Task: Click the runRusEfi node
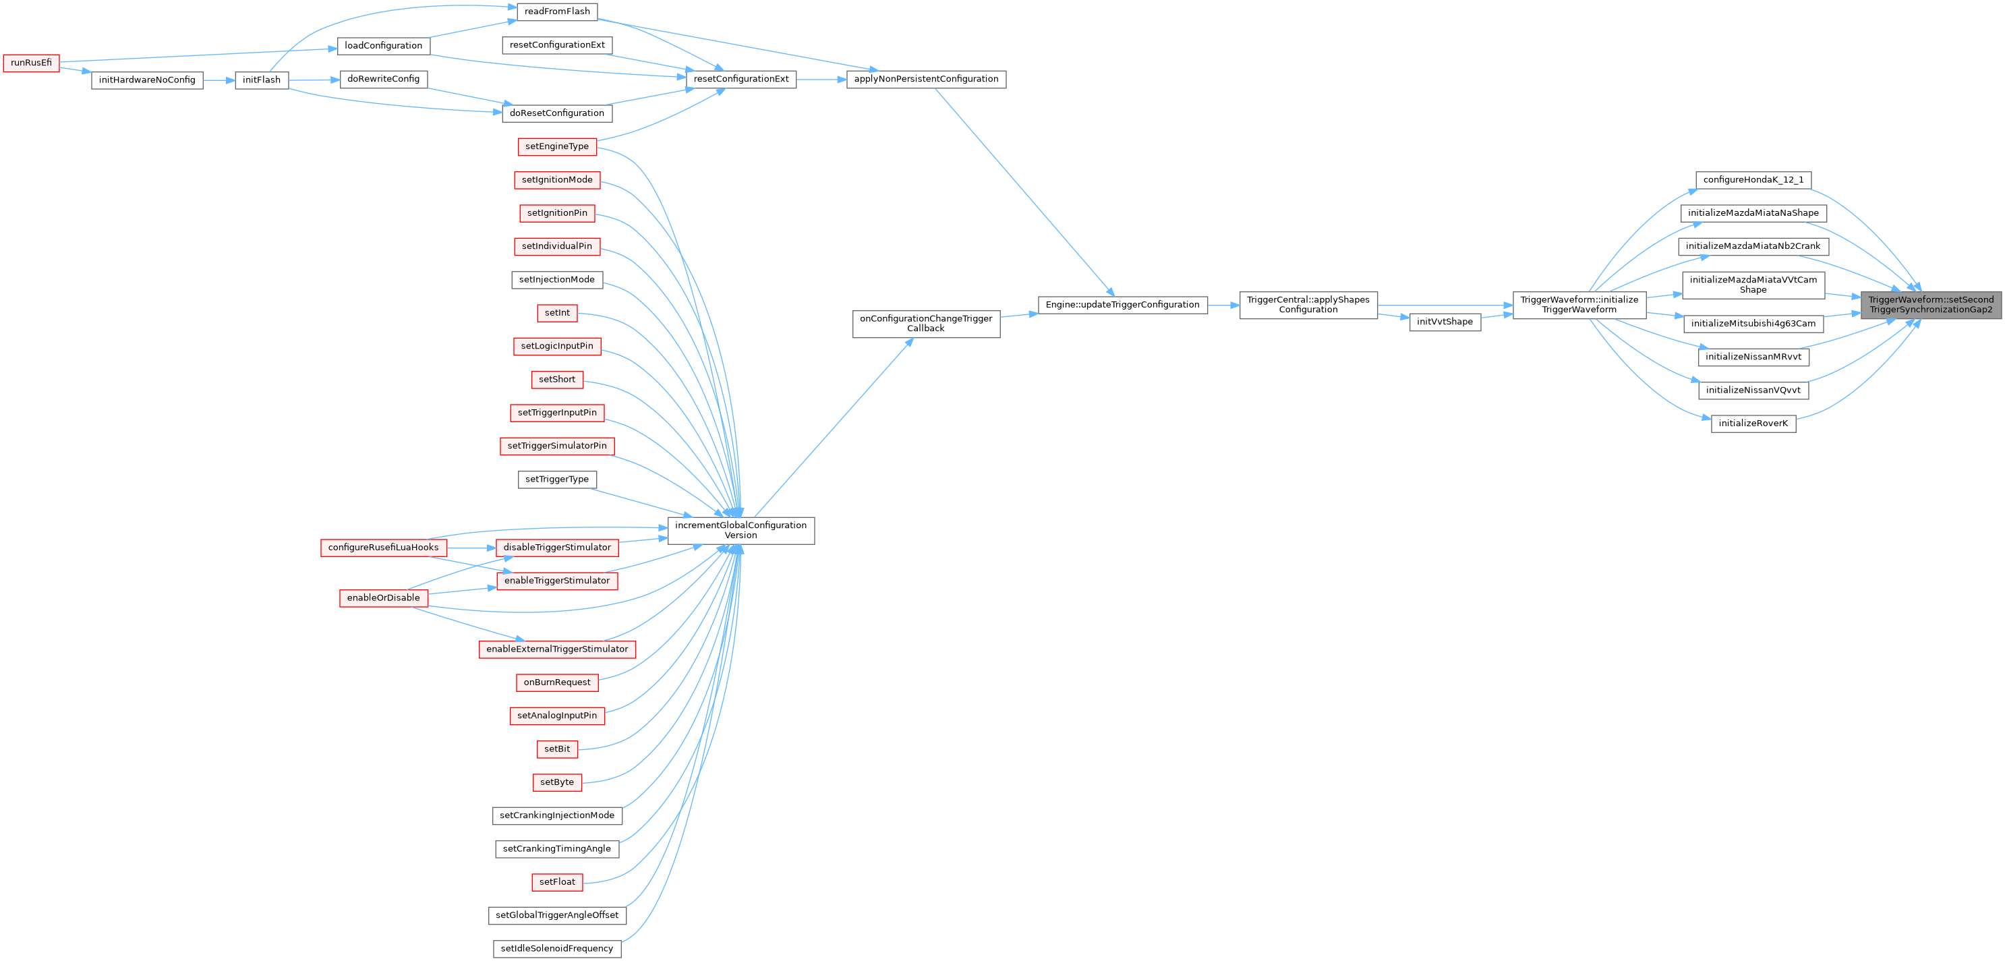(31, 63)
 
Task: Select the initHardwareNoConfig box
(147, 80)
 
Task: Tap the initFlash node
(262, 80)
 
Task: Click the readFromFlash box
(556, 11)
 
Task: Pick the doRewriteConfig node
(383, 80)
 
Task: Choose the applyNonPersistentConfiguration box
(925, 80)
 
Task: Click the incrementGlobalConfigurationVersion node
(740, 531)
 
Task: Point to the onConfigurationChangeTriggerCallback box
(925, 324)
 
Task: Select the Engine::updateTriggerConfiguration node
(1122, 305)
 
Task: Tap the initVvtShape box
(1445, 322)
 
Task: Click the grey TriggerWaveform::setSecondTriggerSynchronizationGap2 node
(1931, 305)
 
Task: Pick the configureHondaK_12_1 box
(1753, 180)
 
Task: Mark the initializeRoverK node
(1753, 424)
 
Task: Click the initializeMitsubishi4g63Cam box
(1753, 324)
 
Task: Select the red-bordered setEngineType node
(556, 146)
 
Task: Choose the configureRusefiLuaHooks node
(383, 548)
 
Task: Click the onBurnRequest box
(556, 682)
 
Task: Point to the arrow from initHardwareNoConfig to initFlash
(219, 80)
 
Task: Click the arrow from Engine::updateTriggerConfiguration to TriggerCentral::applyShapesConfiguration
(1223, 305)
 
